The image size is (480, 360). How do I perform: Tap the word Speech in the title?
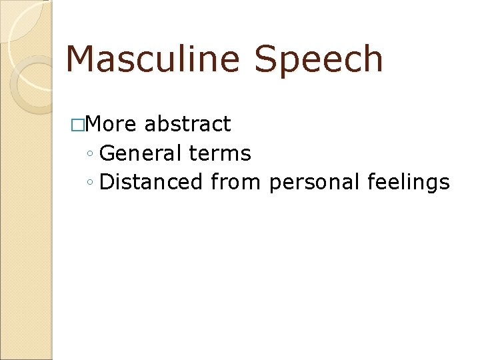point(318,60)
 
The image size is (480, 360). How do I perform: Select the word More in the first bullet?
point(111,124)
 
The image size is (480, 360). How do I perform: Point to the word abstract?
point(187,124)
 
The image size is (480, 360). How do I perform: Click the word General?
point(140,153)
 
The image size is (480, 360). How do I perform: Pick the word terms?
point(220,153)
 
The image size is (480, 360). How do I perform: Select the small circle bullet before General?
point(90,155)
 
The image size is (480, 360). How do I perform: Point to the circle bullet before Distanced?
point(90,183)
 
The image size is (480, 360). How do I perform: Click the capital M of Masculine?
point(81,59)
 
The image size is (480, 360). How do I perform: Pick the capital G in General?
point(107,153)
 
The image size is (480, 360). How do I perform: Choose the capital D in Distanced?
point(107,182)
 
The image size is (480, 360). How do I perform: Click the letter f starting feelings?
point(371,182)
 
